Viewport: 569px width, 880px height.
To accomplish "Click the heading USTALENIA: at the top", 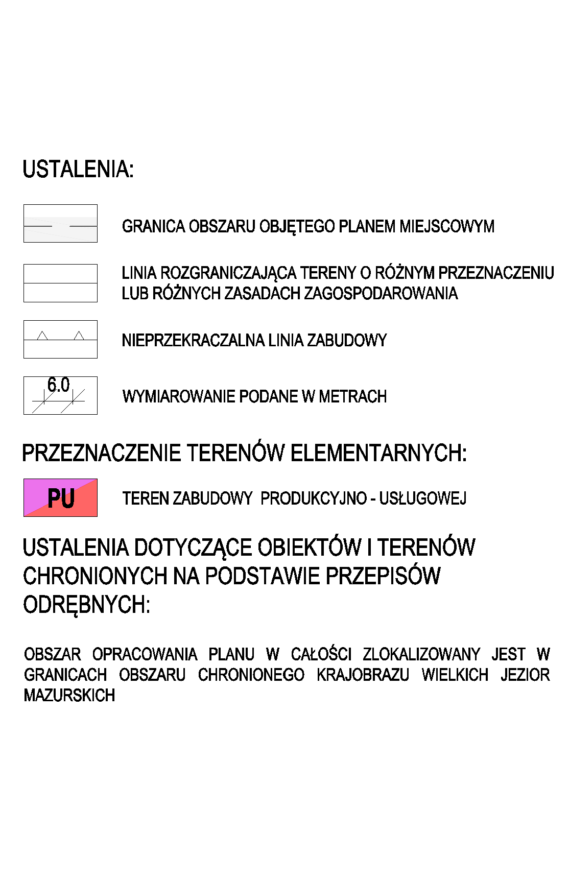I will click(x=78, y=170).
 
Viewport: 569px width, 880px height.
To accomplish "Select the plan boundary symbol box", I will click(x=60, y=224).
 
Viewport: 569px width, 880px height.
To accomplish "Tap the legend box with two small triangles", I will click(x=60, y=339).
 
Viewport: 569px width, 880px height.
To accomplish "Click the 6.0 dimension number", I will click(x=58, y=385).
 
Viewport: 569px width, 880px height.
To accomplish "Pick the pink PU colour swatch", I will click(x=60, y=498).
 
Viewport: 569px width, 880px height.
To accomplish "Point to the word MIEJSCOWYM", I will click(x=447, y=226).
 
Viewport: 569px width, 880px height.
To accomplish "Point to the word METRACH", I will click(x=352, y=396).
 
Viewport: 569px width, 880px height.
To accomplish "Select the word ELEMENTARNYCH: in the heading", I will click(x=378, y=453).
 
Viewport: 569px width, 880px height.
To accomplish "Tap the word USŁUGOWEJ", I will click(x=422, y=498).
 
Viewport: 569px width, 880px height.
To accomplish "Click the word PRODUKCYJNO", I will click(x=314, y=498).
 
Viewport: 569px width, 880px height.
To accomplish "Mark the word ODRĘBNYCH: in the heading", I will click(x=87, y=605).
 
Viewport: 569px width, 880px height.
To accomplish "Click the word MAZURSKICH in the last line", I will click(x=69, y=696).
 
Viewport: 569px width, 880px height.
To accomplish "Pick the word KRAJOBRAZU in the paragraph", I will click(x=363, y=675).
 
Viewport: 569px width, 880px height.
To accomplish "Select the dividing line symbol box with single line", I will click(x=60, y=283).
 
